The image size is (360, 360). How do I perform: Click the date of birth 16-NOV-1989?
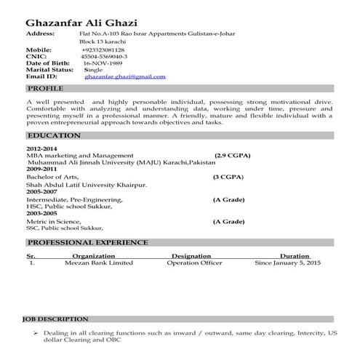click(104, 63)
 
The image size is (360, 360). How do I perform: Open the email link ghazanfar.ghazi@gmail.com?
click(124, 76)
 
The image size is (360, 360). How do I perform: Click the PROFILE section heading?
click(45, 87)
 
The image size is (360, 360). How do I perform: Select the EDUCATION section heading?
click(53, 135)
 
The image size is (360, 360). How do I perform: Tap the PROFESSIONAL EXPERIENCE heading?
click(87, 241)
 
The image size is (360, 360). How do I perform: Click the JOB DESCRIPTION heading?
click(55, 319)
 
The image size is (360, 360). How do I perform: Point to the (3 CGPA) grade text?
click(228, 177)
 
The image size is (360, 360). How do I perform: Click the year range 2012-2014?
click(41, 149)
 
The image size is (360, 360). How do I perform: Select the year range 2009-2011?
click(41, 169)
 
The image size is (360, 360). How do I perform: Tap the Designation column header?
click(191, 256)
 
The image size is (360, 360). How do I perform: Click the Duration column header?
click(295, 256)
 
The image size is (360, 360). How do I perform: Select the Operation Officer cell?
click(194, 263)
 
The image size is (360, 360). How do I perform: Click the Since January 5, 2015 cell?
click(287, 263)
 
